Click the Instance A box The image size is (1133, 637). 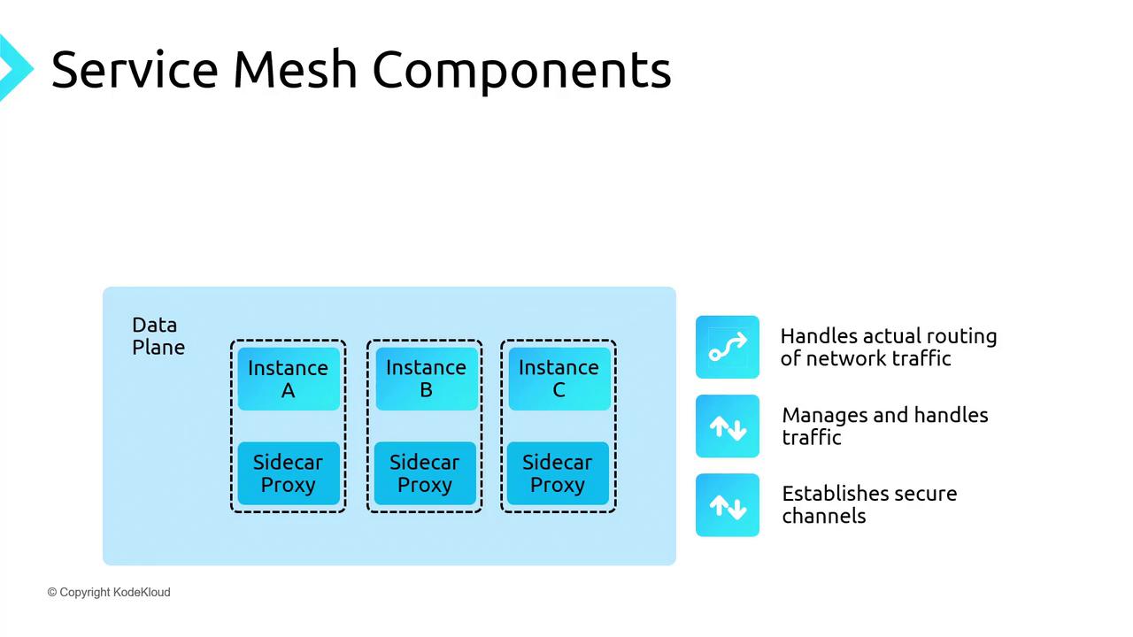[288, 379]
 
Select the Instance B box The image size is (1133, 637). [426, 379]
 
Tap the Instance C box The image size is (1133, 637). [559, 379]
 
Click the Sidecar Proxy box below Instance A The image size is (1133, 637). [288, 473]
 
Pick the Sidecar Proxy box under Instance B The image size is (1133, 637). [424, 473]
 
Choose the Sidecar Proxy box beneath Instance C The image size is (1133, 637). [558, 473]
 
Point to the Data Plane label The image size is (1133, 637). [158, 336]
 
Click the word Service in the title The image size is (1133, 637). [134, 69]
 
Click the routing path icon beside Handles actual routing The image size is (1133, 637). [728, 347]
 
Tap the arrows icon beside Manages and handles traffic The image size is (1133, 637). [728, 426]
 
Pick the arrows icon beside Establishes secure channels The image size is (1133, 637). [728, 505]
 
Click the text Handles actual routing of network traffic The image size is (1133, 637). [888, 347]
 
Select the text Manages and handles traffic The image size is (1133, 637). [884, 426]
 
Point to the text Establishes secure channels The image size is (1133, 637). [869, 504]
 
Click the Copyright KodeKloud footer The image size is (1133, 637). [109, 592]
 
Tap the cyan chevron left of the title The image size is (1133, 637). [13, 67]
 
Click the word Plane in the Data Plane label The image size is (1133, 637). [158, 348]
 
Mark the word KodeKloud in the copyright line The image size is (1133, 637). [142, 592]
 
